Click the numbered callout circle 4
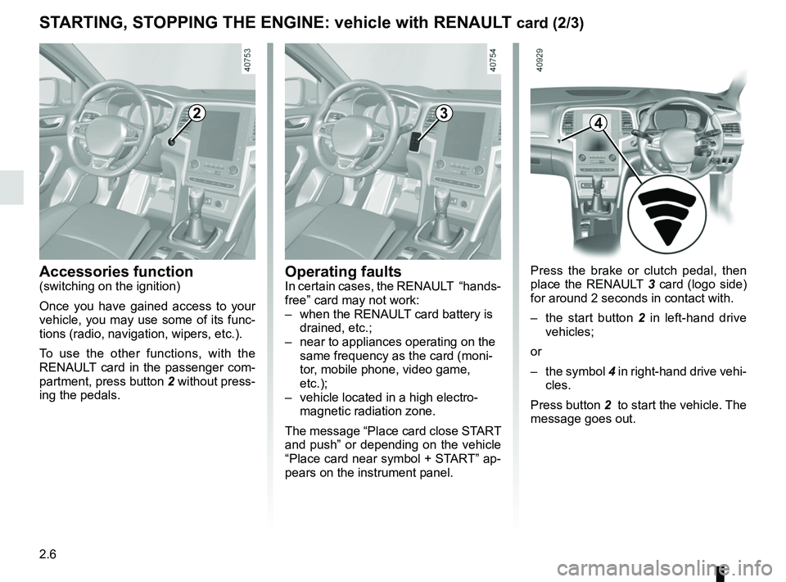(x=599, y=123)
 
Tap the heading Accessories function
(x=116, y=271)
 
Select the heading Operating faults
(x=343, y=271)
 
